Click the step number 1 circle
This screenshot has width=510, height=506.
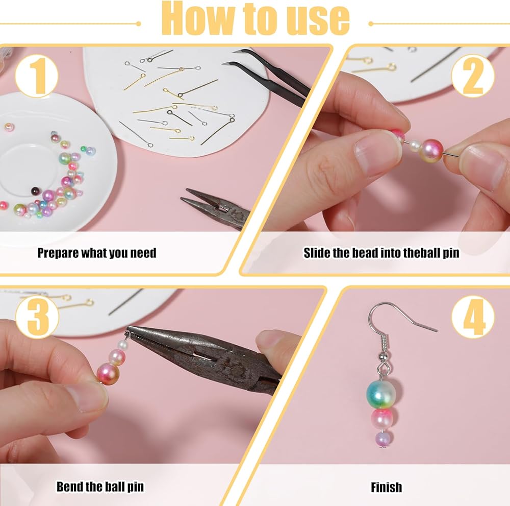click(36, 76)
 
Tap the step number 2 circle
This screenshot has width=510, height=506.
click(473, 76)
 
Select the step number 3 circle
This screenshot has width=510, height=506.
click(37, 317)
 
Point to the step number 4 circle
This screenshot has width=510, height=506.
click(473, 317)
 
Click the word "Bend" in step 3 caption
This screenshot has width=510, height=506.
click(68, 487)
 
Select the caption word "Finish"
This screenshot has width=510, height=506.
click(387, 487)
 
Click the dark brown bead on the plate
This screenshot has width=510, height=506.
click(35, 191)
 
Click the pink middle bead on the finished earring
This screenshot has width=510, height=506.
click(382, 418)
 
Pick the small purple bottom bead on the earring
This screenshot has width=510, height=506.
click(384, 438)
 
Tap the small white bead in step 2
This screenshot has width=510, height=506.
click(415, 146)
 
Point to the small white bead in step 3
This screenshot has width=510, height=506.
click(122, 345)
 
